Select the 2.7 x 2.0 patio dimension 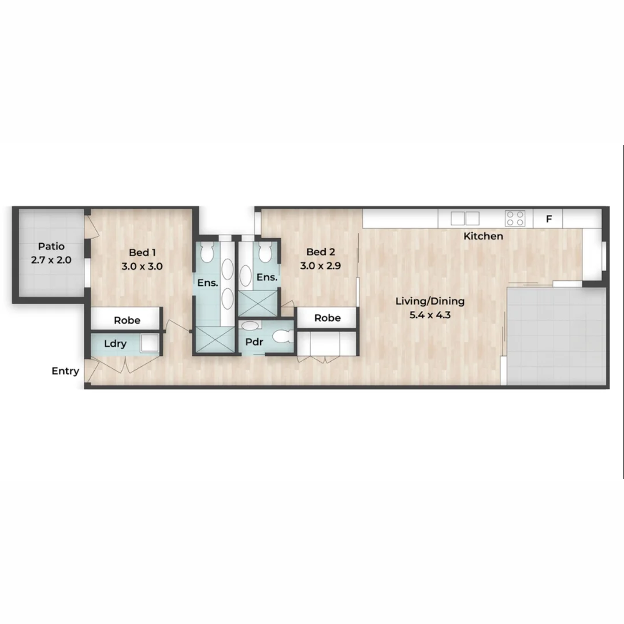(x=51, y=260)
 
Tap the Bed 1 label (x=142, y=252)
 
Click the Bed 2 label (x=321, y=252)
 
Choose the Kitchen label (x=484, y=236)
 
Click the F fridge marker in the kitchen (x=549, y=219)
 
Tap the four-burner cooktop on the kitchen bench (x=515, y=218)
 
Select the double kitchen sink (x=465, y=218)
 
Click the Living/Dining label (x=430, y=301)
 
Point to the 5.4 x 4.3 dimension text (x=430, y=315)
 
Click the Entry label (x=65, y=371)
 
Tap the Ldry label (x=115, y=344)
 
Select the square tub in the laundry (x=149, y=343)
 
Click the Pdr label (x=254, y=342)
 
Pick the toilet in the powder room (x=282, y=336)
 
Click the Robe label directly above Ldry (x=127, y=320)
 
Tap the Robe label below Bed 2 (x=328, y=318)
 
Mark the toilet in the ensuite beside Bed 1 (x=207, y=252)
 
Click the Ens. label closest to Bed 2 (x=266, y=277)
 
